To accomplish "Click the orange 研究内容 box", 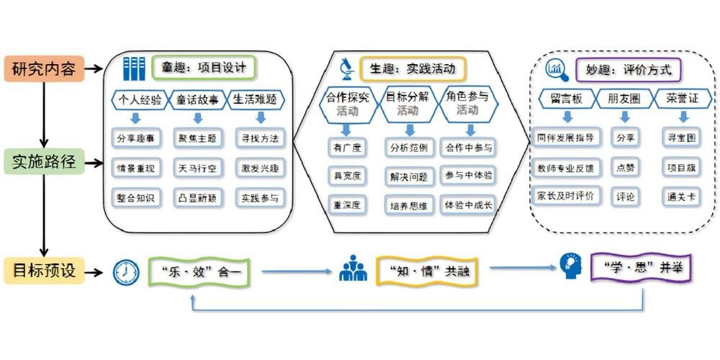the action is coord(44,69).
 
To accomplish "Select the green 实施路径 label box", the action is coord(44,161).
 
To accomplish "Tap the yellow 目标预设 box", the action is coord(44,271).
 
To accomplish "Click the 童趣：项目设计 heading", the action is coord(204,68).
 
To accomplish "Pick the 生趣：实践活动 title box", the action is coord(413,69).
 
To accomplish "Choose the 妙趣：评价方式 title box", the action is coord(628,71).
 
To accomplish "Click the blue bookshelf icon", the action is coord(134,69).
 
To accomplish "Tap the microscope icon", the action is coord(347,69).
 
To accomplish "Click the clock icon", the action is coord(126,273).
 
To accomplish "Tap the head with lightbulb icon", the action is coord(570,266).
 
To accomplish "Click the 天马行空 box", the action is coord(198,168).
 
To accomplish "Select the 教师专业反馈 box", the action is coord(565,168).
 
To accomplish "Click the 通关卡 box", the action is coord(681,197).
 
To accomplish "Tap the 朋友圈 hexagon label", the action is coord(624,99).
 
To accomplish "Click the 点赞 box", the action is coord(624,168).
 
